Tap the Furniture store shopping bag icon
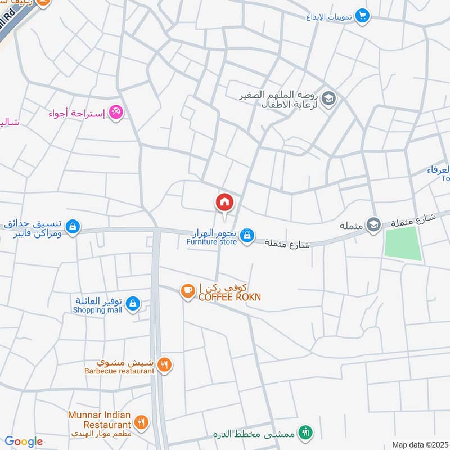pyautogui.click(x=246, y=237)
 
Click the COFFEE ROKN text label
pyautogui.click(x=229, y=296)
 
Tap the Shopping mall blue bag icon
pyautogui.click(x=132, y=304)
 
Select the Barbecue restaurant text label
pyautogui.click(x=119, y=371)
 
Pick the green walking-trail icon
pyautogui.click(x=305, y=433)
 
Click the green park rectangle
pyautogui.click(x=403, y=244)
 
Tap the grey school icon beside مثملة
pyautogui.click(x=372, y=225)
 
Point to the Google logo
pyautogui.click(x=24, y=442)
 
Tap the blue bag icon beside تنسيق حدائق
pyautogui.click(x=72, y=227)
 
